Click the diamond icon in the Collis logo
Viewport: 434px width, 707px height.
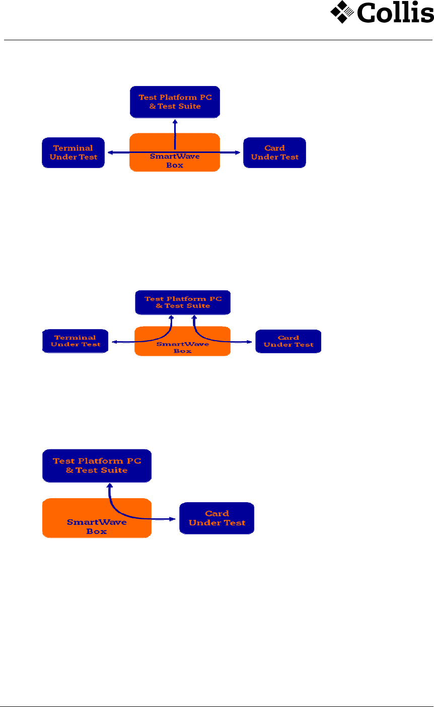click(342, 12)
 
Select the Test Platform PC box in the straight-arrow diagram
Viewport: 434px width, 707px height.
click(175, 102)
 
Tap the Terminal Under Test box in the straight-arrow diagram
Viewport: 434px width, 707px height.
click(73, 152)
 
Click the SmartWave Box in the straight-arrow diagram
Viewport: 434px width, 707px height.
click(175, 161)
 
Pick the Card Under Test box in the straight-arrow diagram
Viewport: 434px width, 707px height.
click(274, 152)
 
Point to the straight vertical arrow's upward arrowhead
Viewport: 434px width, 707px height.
click(175, 121)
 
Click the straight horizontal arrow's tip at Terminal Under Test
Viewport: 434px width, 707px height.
click(108, 152)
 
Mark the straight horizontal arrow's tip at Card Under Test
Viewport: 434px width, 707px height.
click(240, 152)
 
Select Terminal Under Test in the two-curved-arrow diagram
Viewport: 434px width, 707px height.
click(75, 341)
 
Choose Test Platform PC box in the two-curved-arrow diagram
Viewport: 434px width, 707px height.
click(183, 302)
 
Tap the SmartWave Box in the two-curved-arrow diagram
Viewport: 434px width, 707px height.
click(182, 347)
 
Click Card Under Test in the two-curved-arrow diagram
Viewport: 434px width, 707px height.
click(288, 341)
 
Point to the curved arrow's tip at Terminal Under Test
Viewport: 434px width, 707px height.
click(114, 342)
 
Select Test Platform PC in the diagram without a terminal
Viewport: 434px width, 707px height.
click(97, 465)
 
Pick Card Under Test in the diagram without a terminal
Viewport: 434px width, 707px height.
click(216, 518)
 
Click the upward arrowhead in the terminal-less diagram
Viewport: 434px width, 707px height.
click(108, 486)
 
